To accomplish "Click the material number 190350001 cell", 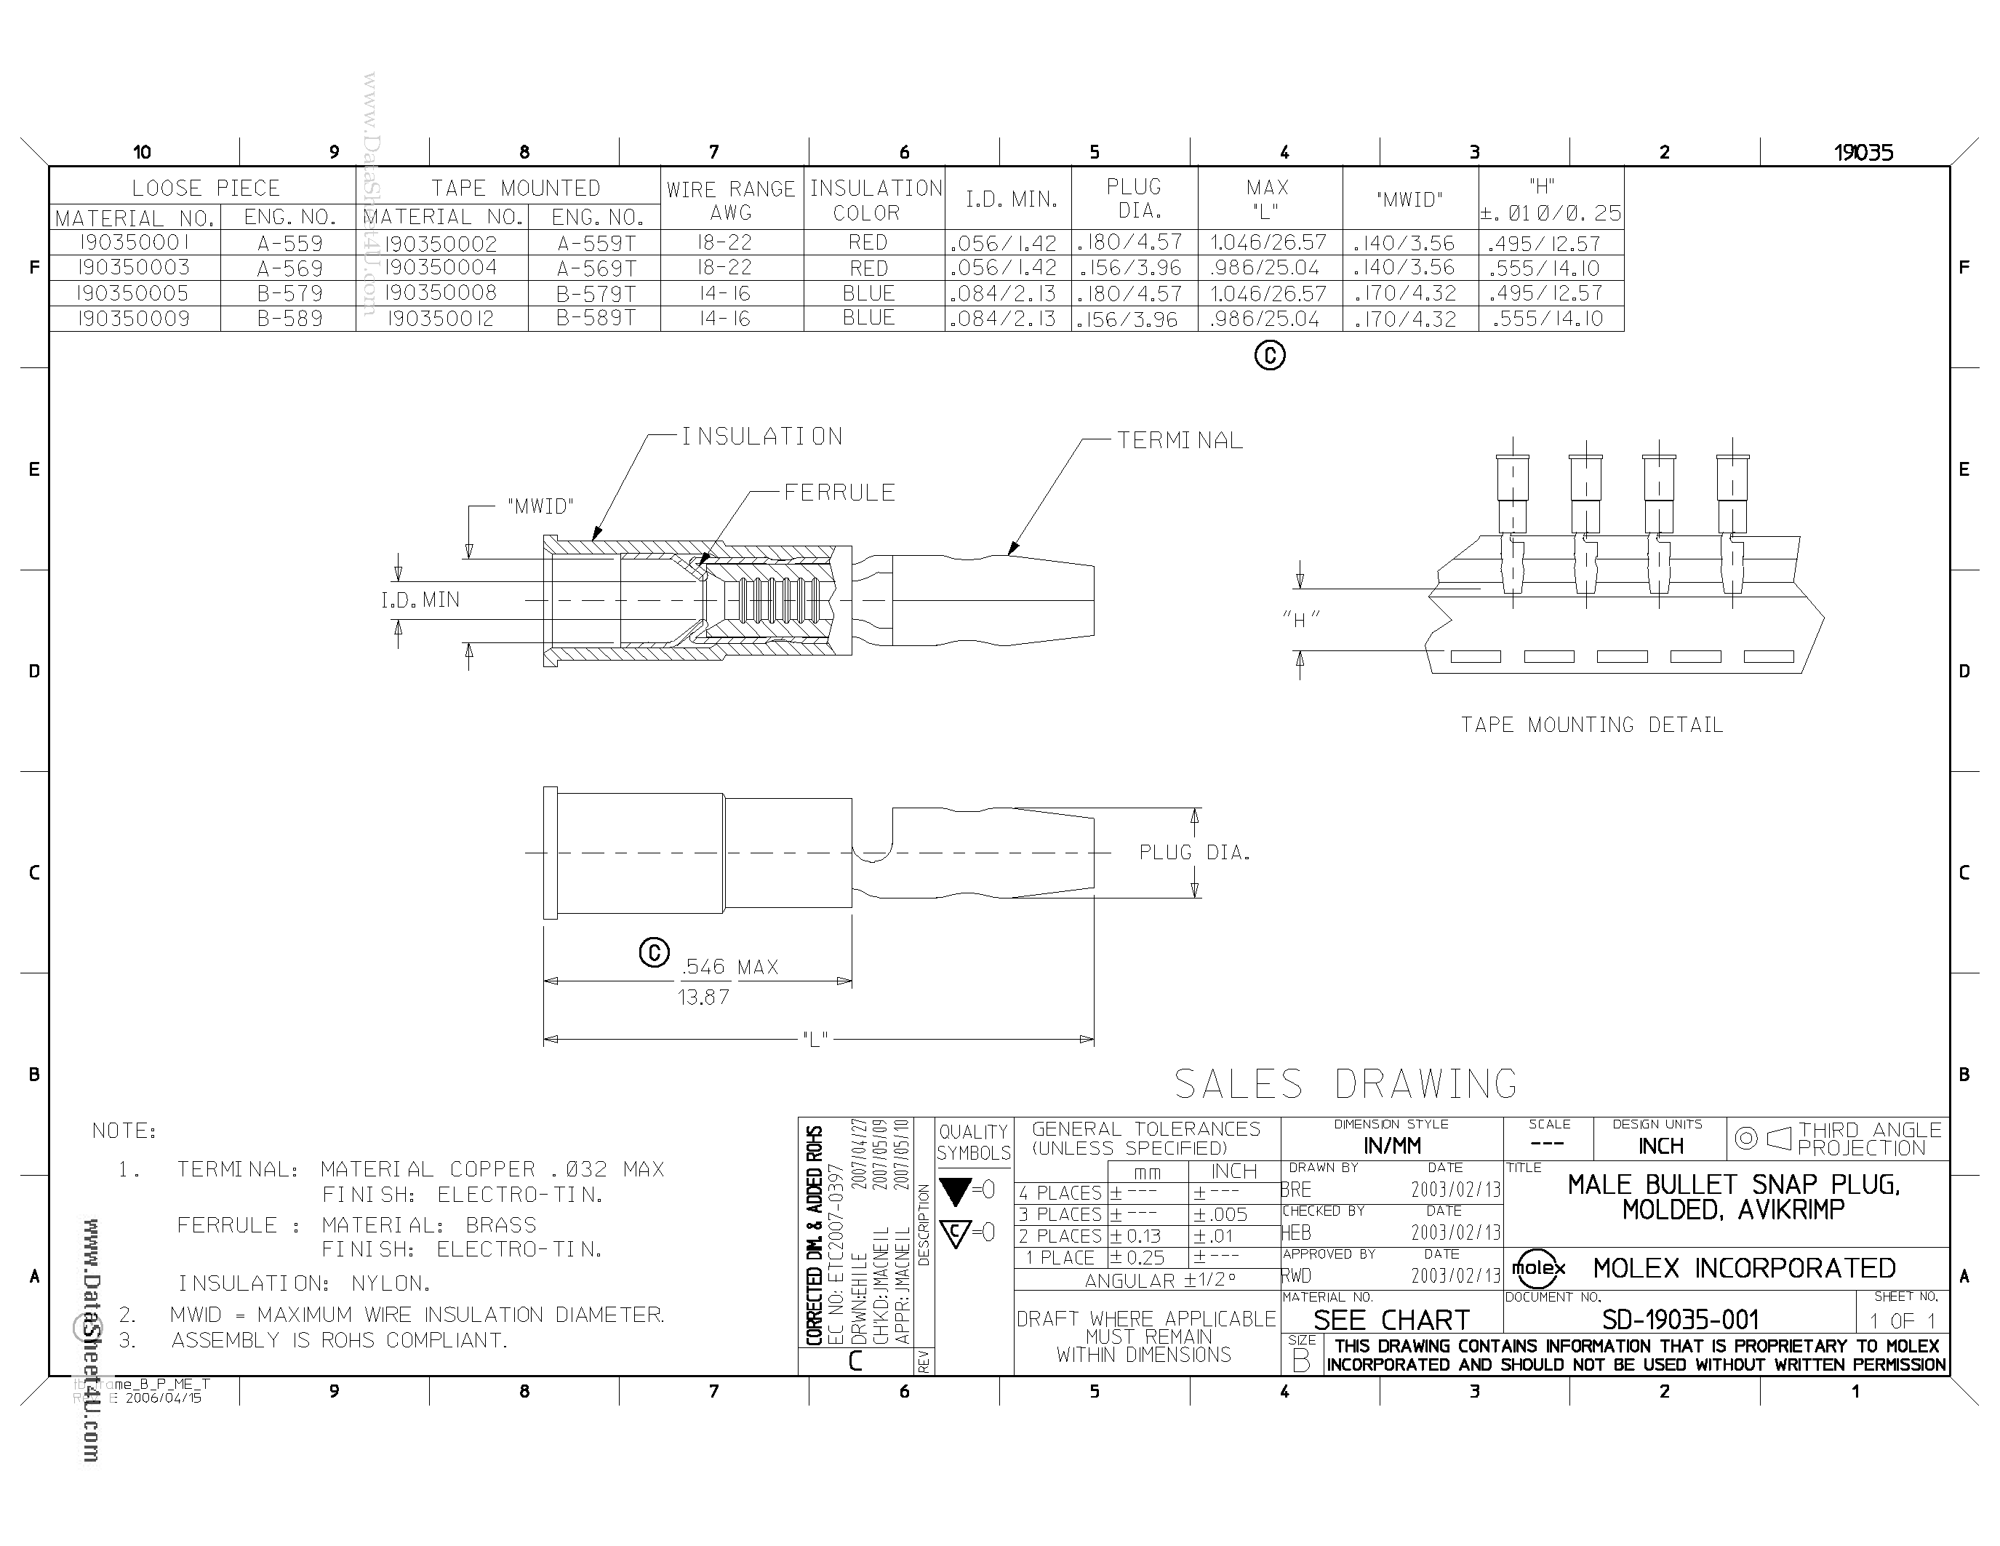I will pos(134,243).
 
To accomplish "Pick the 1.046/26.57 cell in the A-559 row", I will pos(1268,243).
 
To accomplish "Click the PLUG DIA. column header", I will pos(1134,198).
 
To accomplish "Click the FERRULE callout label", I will pos(839,493).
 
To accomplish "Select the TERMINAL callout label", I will pos(1180,441).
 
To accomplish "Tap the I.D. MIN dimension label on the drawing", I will pos(420,600).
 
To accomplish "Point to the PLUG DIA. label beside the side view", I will pos(1194,853).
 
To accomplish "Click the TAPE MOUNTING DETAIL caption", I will pos(1591,725).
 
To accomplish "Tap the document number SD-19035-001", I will pos(1681,1320).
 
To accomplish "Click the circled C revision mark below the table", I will pos(1269,355).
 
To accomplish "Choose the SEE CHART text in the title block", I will pos(1391,1320).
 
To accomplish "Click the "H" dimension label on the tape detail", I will pos(1300,620).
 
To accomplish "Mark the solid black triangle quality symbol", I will pos(955,1192).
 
